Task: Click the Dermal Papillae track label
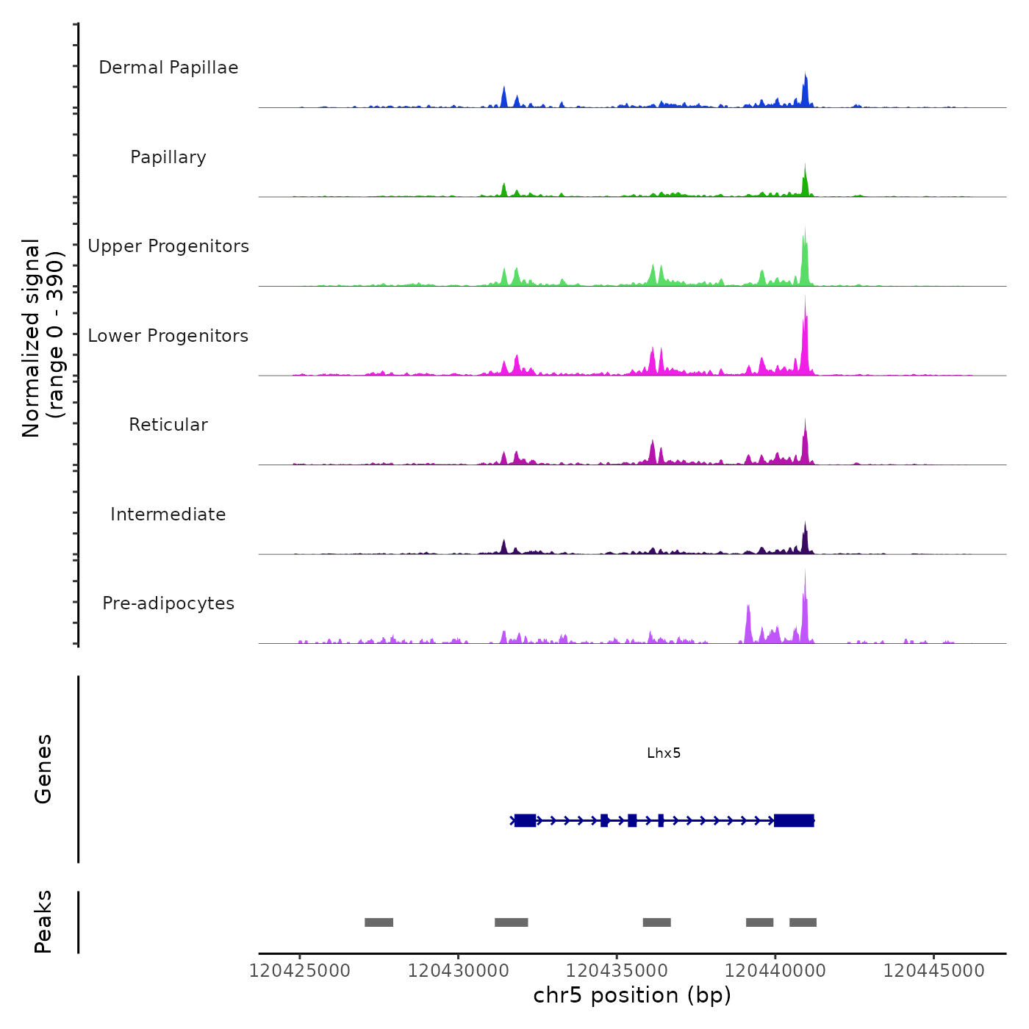(168, 68)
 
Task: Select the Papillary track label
(168, 157)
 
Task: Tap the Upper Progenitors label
(168, 246)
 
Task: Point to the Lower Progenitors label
(168, 336)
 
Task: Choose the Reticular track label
(168, 425)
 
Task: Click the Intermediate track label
(168, 514)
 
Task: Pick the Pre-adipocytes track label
(168, 603)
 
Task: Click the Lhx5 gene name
(664, 753)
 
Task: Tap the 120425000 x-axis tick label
(300, 971)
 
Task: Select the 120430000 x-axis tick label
(458, 971)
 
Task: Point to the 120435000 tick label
(617, 971)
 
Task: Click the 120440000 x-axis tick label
(775, 971)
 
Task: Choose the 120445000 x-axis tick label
(933, 971)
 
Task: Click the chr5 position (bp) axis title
(632, 995)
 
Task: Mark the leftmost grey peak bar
(379, 922)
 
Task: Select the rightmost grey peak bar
(803, 922)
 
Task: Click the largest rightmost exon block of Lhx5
(794, 820)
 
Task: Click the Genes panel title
(43, 769)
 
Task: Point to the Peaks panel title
(43, 922)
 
